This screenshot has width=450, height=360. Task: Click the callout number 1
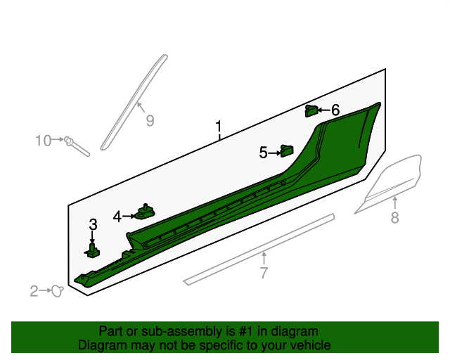click(219, 127)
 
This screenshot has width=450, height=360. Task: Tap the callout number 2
click(34, 291)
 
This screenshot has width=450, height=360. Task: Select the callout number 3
click(93, 224)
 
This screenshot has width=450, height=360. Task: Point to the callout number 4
click(117, 217)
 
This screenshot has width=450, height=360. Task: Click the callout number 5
click(263, 153)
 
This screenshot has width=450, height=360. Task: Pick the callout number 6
click(335, 110)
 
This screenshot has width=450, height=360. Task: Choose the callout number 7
click(264, 273)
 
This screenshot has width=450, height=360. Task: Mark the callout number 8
click(395, 217)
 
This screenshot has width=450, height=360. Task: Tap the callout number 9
click(150, 120)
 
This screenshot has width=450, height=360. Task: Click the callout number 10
click(44, 141)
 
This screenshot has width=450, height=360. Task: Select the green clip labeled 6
click(311, 111)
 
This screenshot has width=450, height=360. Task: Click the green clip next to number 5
click(287, 151)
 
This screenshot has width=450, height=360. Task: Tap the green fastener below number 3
click(92, 251)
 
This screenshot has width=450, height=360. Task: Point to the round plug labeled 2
click(58, 291)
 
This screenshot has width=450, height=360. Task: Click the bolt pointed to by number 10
click(77, 146)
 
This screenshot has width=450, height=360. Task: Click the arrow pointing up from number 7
click(264, 258)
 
